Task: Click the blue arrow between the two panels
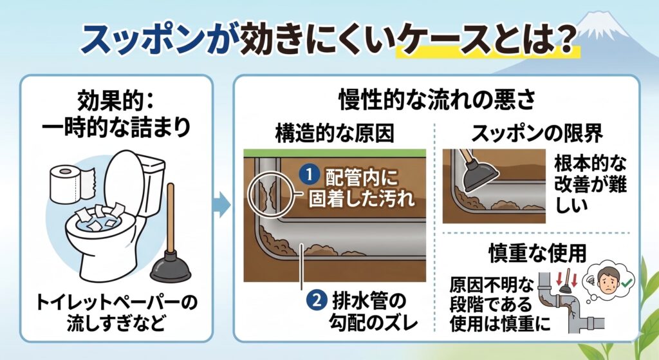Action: pyautogui.click(x=221, y=205)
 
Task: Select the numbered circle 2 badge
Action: pyautogui.click(x=319, y=301)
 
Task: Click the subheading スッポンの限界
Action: pyautogui.click(x=537, y=134)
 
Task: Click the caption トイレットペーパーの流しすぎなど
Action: pyautogui.click(x=115, y=312)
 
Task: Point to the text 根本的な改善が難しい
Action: pyautogui.click(x=589, y=183)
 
